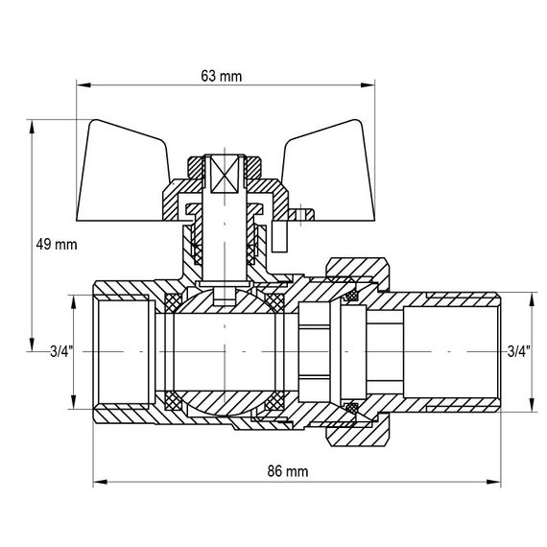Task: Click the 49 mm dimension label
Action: coord(56,245)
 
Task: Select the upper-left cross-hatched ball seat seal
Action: coord(173,304)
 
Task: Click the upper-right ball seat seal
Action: coord(275,304)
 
